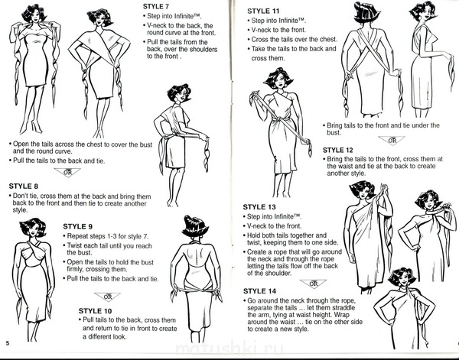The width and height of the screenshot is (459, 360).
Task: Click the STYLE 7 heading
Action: coord(156,6)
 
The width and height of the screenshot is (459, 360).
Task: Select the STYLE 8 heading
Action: coord(24,186)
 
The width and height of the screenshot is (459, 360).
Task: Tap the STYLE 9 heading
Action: coord(78,227)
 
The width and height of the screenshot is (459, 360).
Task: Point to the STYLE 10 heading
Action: coord(95,311)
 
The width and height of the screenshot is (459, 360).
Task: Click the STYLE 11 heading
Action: coord(263,11)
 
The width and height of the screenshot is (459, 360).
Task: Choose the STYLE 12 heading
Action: coord(338,151)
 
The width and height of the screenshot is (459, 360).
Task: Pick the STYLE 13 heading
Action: coord(259,207)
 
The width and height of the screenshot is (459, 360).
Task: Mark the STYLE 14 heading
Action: coord(259,291)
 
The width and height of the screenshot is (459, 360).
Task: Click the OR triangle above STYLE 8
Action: coord(67,172)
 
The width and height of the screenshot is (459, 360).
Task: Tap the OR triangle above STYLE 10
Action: coord(107,297)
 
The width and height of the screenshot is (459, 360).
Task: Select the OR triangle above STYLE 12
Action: coord(392,141)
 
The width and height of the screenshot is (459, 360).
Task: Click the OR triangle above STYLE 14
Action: coord(313,284)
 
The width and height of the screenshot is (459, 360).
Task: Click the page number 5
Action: coord(8,343)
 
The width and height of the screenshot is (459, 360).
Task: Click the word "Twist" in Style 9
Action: coord(75,245)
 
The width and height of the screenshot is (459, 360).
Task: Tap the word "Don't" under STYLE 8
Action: coord(21,196)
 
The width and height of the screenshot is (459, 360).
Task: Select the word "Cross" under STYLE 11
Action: coord(260,40)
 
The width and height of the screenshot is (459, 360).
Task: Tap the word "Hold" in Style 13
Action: coord(254,235)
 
